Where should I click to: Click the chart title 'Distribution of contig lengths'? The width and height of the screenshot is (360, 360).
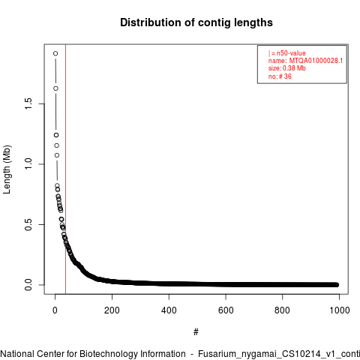[196, 22]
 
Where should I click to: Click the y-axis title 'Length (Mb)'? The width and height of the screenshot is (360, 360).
[7, 169]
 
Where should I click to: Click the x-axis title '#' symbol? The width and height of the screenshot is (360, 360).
[196, 332]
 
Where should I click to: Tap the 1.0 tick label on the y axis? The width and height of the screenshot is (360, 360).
[28, 164]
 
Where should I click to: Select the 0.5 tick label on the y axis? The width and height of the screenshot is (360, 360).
[28, 224]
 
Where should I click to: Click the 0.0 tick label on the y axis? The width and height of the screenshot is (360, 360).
[28, 285]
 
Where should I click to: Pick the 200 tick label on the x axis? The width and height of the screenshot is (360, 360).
[112, 310]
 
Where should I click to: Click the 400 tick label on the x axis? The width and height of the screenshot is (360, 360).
[169, 310]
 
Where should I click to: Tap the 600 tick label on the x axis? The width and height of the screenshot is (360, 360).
[226, 310]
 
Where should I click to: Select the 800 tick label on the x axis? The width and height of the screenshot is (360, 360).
[282, 310]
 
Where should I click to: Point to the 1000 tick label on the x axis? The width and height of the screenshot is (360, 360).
[339, 310]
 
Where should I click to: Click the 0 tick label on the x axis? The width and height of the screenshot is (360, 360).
[55, 310]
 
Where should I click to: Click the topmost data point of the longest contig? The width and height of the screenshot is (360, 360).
[55, 53]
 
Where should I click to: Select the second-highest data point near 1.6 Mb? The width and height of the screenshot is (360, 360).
[55, 88]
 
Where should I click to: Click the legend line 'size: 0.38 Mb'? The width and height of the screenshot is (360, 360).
[287, 68]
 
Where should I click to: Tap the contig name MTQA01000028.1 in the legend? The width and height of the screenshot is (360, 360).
[316, 61]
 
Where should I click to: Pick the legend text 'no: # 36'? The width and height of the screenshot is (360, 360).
[280, 76]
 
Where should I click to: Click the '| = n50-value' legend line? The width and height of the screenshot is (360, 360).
[287, 53]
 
